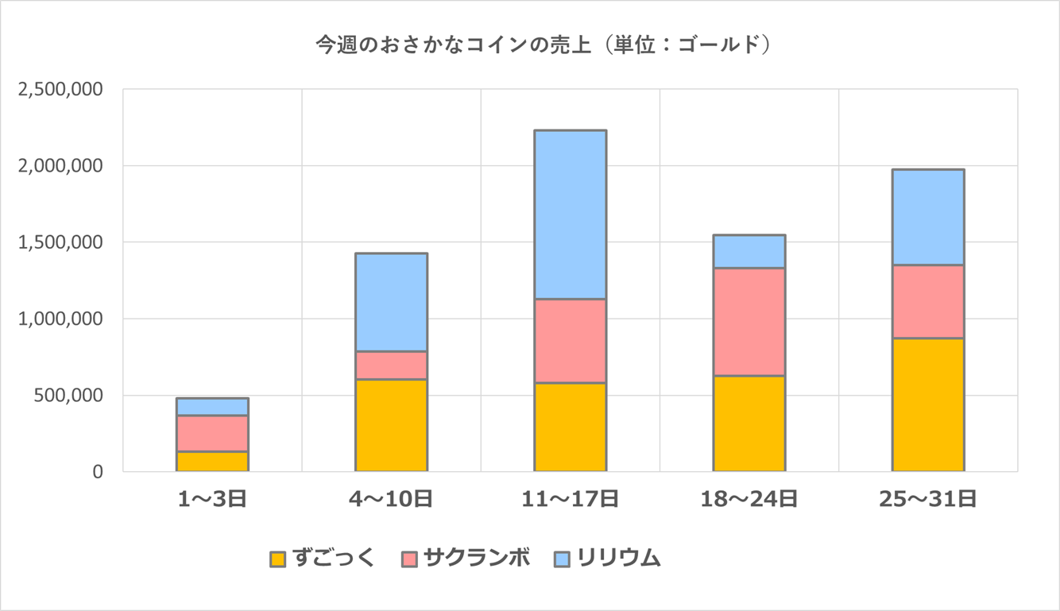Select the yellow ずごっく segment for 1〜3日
pos(212,461)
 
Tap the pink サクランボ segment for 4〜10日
pos(391,365)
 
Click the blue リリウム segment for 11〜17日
pos(570,215)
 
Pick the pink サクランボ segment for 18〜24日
pos(749,322)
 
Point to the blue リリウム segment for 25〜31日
pos(927,217)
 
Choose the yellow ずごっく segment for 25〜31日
pos(927,404)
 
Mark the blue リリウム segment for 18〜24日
pos(749,251)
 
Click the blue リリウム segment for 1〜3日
pos(212,407)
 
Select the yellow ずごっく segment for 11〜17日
pos(570,427)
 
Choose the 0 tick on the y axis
pos(97,471)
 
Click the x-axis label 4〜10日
pos(391,499)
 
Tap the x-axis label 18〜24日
pos(749,499)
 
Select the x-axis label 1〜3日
pos(212,499)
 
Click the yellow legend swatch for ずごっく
pos(277,559)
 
